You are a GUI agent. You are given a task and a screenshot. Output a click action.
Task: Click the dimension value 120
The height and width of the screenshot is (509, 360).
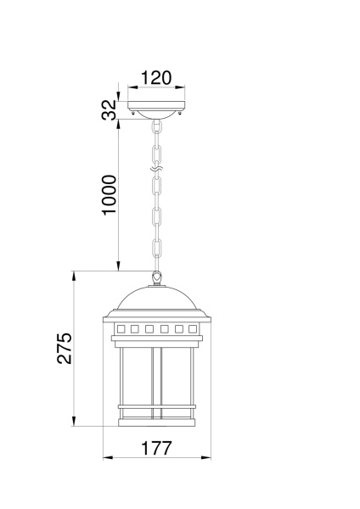click(156, 78)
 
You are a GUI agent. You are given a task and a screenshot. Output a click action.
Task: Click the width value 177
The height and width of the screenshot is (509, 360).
click(156, 446)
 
